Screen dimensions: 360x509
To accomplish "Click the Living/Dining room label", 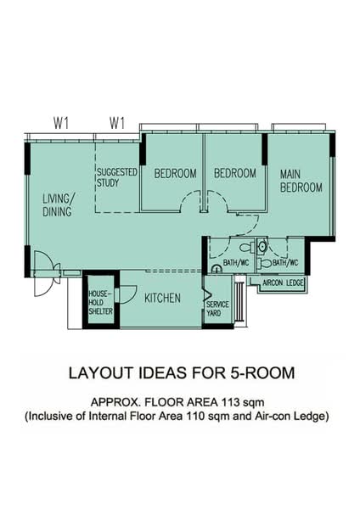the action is tap(57, 204).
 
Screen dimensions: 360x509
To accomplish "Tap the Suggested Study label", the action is tap(117, 177).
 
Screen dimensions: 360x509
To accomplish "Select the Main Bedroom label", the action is tap(301, 181).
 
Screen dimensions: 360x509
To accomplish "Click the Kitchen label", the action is tap(162, 298).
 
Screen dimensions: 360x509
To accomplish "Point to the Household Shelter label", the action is tap(101, 303).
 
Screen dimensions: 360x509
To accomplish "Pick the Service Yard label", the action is tap(217, 309).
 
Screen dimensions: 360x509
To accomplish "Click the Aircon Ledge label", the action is tap(283, 282).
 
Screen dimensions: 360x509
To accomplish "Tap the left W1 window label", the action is tap(61, 123).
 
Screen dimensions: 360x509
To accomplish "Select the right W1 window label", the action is tap(117, 123).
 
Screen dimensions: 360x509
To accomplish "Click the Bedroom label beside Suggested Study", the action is tap(175, 173).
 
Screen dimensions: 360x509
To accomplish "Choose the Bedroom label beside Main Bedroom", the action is tap(235, 173).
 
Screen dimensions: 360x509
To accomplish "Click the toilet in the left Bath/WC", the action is tap(247, 248).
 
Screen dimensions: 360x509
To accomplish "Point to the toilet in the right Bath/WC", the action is tap(266, 263).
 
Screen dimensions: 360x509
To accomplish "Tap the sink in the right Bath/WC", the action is tap(262, 246).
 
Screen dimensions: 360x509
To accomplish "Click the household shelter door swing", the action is tap(127, 294).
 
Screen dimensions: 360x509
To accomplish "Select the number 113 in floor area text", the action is tap(231, 402).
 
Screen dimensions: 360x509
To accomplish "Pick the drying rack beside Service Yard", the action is tap(239, 301).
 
